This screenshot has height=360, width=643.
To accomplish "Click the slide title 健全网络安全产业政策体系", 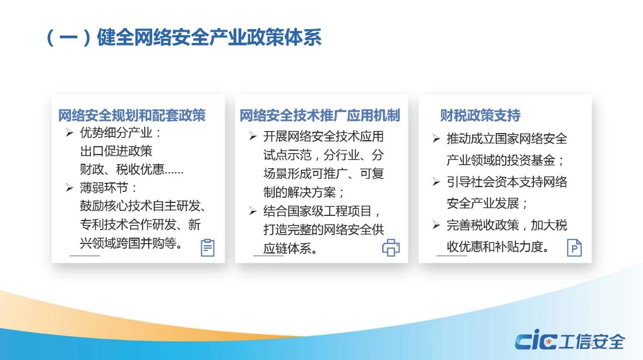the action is [x=209, y=37].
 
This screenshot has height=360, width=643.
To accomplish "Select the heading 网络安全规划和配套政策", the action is [x=132, y=115].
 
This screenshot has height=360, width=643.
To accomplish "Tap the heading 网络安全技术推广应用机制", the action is [x=320, y=115].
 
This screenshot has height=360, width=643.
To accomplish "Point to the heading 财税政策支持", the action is [x=480, y=115].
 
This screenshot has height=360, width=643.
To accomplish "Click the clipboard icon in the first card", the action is [x=207, y=248].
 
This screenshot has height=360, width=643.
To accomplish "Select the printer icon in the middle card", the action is [x=391, y=248].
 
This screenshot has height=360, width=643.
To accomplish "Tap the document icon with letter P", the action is [x=574, y=248].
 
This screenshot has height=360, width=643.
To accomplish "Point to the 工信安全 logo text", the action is [x=592, y=341].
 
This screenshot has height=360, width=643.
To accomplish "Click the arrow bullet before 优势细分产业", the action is [x=69, y=133].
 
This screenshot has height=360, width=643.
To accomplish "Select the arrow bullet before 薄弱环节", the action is [x=69, y=188].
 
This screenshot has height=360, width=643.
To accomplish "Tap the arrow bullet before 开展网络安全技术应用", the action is [x=253, y=136].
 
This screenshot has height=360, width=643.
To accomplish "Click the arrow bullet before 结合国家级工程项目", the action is [x=253, y=211].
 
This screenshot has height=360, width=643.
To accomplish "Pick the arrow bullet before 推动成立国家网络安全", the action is [x=436, y=139].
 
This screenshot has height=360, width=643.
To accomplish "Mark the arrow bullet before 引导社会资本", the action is [x=436, y=182].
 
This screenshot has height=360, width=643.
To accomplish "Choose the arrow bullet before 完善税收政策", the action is [x=436, y=225].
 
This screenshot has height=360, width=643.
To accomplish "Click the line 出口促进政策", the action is [x=116, y=151].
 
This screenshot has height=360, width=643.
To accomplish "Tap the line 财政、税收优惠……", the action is [x=132, y=170].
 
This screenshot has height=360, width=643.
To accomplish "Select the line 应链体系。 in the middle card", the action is [x=290, y=249].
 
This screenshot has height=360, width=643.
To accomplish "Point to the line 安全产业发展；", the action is [x=487, y=204].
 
